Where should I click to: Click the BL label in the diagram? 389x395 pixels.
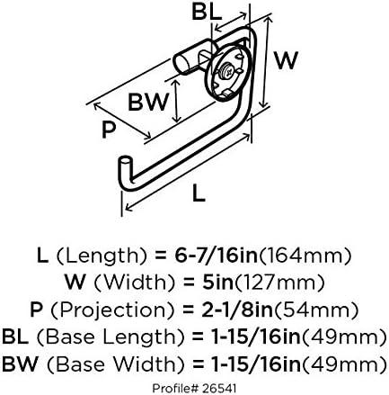(x=207, y=12)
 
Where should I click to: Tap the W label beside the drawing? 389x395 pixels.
(x=287, y=60)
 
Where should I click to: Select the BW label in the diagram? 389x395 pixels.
(x=148, y=102)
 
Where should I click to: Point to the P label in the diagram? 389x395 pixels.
(x=109, y=130)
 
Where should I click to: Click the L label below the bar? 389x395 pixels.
(x=199, y=193)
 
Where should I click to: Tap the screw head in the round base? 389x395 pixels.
(x=226, y=72)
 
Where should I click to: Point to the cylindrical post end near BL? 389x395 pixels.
(x=181, y=62)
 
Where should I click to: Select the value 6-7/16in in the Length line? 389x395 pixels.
(x=216, y=256)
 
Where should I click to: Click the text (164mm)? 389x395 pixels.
(x=304, y=256)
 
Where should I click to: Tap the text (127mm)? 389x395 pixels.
(x=278, y=283)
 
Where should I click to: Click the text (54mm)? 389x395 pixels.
(x=315, y=310)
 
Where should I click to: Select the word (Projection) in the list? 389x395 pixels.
(x=112, y=310)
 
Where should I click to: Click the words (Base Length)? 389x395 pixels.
(x=111, y=337)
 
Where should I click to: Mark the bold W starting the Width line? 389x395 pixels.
(x=75, y=283)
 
